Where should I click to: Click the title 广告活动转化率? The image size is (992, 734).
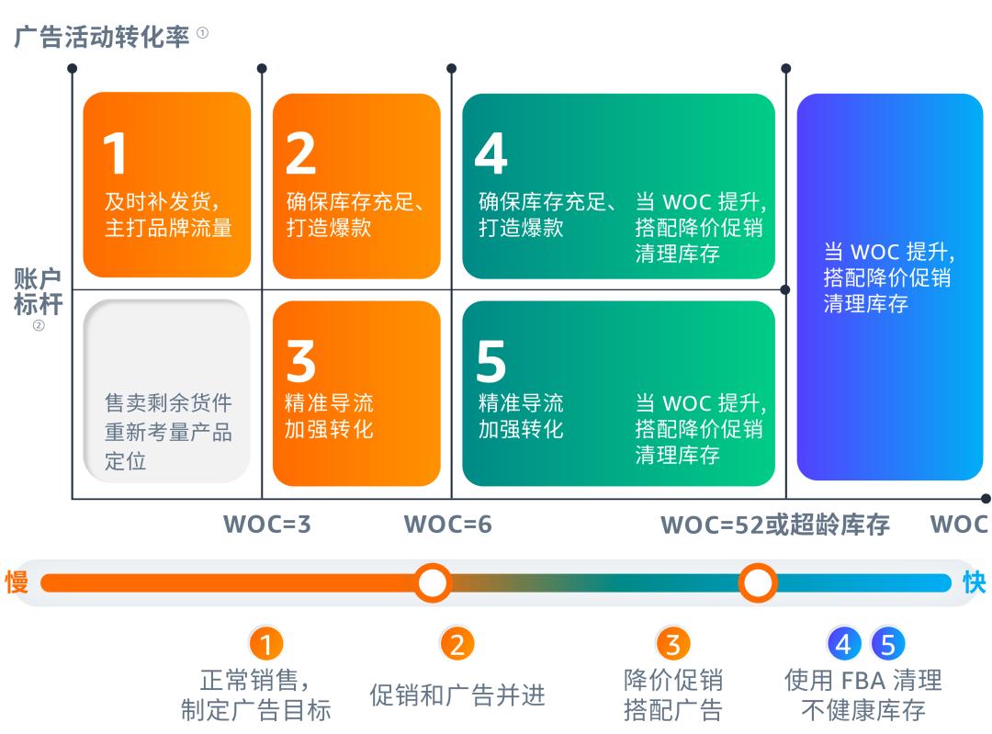pyautogui.click(x=102, y=37)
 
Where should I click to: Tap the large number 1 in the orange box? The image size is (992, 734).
pyautogui.click(x=115, y=153)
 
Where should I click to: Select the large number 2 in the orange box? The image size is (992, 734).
pyautogui.click(x=300, y=153)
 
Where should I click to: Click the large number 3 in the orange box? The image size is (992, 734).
pyautogui.click(x=300, y=361)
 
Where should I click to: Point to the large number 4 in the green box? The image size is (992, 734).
pyautogui.click(x=490, y=153)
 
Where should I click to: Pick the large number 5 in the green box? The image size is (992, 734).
pyautogui.click(x=490, y=361)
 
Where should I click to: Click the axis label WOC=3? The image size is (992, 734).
pyautogui.click(x=267, y=525)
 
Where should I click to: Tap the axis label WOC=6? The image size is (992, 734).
pyautogui.click(x=447, y=525)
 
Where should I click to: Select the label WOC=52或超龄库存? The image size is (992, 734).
pyautogui.click(x=775, y=525)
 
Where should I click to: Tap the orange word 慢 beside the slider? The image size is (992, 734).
pyautogui.click(x=17, y=582)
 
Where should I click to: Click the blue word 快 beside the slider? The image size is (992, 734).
pyautogui.click(x=974, y=582)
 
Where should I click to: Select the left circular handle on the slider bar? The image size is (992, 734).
pyautogui.click(x=432, y=582)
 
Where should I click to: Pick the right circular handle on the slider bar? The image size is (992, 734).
pyautogui.click(x=758, y=582)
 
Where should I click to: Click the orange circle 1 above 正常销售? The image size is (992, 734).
pyautogui.click(x=266, y=645)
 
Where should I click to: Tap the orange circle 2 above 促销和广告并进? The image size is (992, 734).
pyautogui.click(x=457, y=645)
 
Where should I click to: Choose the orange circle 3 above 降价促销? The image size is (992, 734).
pyautogui.click(x=672, y=645)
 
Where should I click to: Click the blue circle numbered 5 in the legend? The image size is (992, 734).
pyautogui.click(x=887, y=645)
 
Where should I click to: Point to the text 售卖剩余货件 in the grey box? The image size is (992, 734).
pyautogui.click(x=168, y=403)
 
